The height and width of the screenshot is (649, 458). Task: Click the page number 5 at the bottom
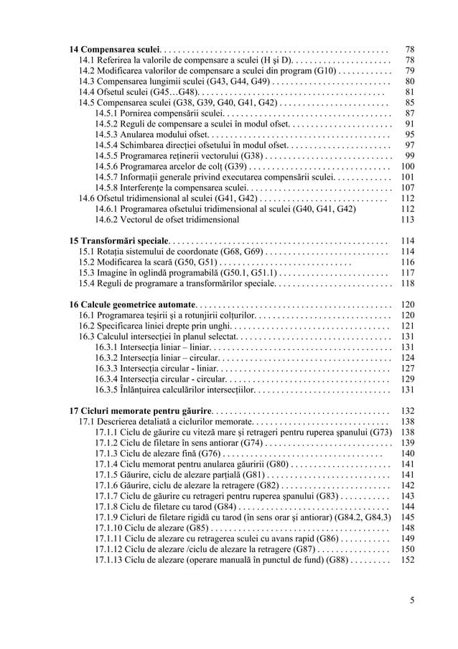click(411, 601)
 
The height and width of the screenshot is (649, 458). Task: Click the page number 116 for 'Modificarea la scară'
click(407, 262)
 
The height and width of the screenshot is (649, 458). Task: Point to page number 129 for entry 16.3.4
click(407, 379)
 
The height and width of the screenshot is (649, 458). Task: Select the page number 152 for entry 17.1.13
click(407, 559)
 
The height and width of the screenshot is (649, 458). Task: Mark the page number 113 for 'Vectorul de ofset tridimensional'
click(407, 219)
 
